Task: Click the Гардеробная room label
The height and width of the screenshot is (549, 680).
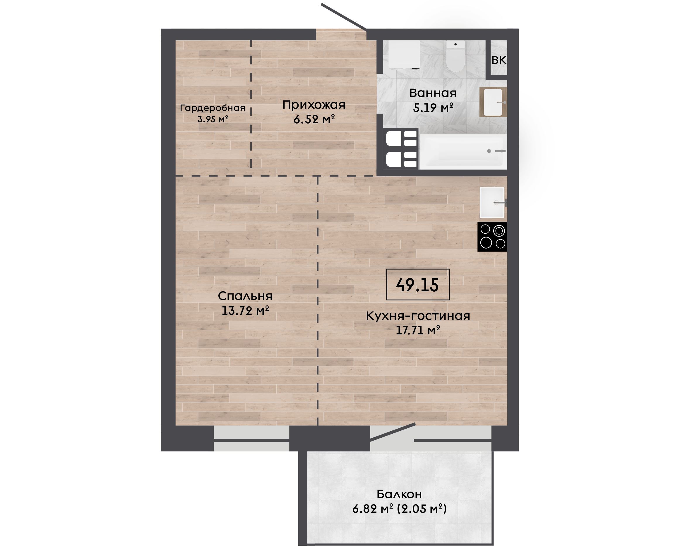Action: (213, 108)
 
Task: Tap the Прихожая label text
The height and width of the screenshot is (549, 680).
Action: (314, 105)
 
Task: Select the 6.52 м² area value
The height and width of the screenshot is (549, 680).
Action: (314, 119)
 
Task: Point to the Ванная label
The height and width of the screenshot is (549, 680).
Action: (433, 93)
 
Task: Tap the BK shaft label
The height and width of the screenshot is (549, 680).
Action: (499, 60)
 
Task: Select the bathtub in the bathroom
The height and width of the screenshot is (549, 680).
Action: (463, 151)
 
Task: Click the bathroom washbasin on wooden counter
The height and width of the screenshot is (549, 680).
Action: (493, 102)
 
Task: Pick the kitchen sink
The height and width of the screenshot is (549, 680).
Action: (492, 202)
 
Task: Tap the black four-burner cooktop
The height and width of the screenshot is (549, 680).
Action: (492, 237)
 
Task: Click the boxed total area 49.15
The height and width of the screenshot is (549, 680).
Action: (418, 285)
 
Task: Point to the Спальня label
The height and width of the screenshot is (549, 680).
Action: (245, 296)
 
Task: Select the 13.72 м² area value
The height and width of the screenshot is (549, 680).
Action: (245, 311)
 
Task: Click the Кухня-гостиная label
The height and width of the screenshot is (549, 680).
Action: (418, 316)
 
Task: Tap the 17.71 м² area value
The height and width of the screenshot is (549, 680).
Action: (418, 331)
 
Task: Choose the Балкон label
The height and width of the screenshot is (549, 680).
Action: (399, 494)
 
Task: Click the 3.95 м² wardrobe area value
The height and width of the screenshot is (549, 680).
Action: (213, 119)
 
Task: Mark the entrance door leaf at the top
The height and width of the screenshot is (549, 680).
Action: (344, 17)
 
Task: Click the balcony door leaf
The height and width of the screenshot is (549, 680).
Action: (392, 432)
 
